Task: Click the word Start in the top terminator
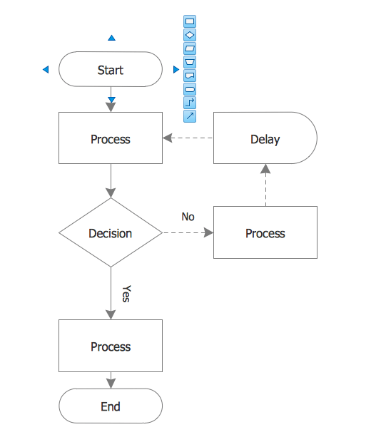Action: (x=110, y=70)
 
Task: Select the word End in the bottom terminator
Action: (x=110, y=406)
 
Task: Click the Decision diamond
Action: (x=110, y=233)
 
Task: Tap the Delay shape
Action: (x=265, y=139)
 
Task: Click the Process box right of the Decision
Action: (x=265, y=233)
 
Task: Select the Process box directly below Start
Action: (x=110, y=139)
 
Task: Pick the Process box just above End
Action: (x=110, y=346)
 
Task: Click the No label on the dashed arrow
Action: (x=188, y=217)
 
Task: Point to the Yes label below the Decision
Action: (x=126, y=294)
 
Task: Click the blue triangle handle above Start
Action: (x=111, y=38)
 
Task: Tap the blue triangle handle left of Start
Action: (x=46, y=70)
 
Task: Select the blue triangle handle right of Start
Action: (x=176, y=70)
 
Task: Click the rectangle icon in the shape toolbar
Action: (x=190, y=21)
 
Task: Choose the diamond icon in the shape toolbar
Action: (x=190, y=35)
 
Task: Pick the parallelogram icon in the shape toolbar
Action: (x=190, y=48)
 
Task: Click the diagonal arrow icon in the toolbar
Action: (x=190, y=115)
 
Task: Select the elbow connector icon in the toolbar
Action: (x=190, y=102)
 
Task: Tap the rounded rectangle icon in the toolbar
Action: (x=190, y=88)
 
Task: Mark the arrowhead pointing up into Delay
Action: (x=265, y=169)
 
